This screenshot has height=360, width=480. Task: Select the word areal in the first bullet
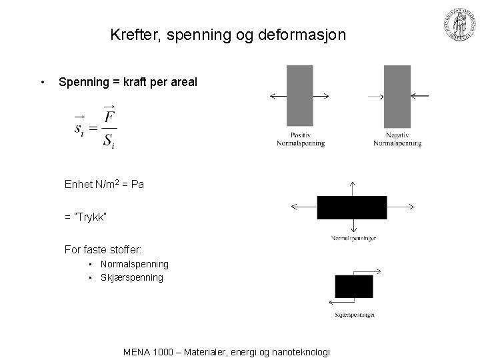point(183,82)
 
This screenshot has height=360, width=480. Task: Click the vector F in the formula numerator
point(108,117)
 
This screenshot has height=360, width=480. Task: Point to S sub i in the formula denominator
point(108,141)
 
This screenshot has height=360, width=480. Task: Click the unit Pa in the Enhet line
point(137,184)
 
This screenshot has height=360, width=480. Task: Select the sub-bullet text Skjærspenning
point(132,277)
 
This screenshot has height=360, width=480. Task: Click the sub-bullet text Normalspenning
point(135,265)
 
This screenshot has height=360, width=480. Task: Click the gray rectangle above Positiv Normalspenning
point(299,96)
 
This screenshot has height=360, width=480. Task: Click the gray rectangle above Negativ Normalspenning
point(397,96)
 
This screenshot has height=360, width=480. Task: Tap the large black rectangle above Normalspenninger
point(351,207)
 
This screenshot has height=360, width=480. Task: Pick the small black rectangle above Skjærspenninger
point(353,286)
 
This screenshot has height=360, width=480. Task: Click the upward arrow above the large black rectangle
point(352,187)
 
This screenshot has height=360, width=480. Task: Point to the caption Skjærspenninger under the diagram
point(355,315)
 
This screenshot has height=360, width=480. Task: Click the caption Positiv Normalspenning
point(300,140)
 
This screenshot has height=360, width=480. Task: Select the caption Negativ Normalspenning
point(397,140)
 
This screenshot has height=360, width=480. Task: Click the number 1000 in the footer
point(163,352)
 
